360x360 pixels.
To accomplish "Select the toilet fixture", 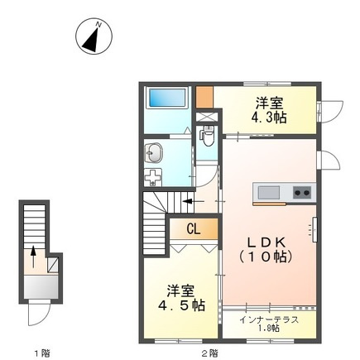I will pyautogui.click(x=207, y=133).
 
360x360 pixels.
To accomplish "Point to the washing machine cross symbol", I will pyautogui.click(x=154, y=176).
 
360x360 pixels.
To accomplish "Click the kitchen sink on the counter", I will pyautogui.click(x=269, y=193).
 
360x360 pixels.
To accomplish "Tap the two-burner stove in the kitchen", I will pyautogui.click(x=301, y=193).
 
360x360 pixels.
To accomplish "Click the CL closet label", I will pyautogui.click(x=192, y=229).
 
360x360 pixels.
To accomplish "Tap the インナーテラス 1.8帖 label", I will pyautogui.click(x=269, y=324).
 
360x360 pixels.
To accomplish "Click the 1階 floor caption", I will pyautogui.click(x=41, y=353).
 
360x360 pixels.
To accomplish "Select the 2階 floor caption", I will pyautogui.click(x=209, y=353).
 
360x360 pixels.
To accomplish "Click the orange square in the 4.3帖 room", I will pyautogui.click(x=206, y=94).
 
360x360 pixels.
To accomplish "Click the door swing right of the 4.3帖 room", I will pyautogui.click(x=330, y=110).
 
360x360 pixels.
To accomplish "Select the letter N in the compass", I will pyautogui.click(x=97, y=26).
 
